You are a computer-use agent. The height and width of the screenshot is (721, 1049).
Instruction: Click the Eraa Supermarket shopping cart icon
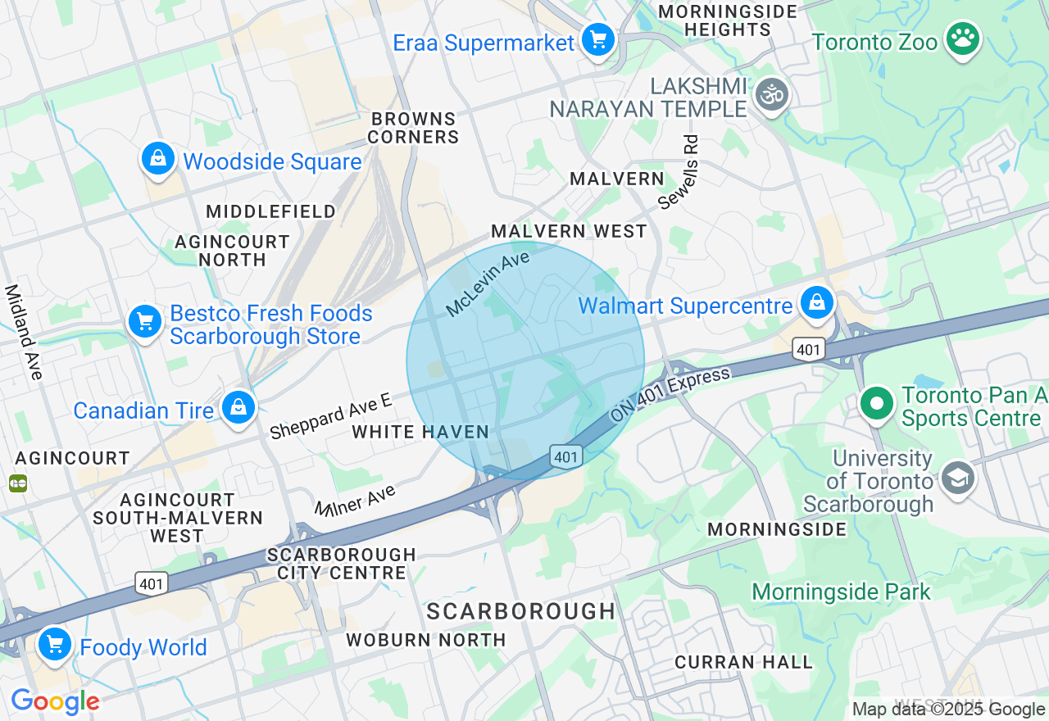click(x=598, y=39)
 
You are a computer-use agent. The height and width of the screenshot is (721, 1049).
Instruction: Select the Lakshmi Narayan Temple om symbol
click(x=771, y=94)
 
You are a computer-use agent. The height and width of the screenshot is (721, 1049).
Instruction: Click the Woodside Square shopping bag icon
click(x=157, y=157)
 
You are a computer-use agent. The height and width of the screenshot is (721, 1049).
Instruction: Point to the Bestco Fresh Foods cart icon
click(x=146, y=322)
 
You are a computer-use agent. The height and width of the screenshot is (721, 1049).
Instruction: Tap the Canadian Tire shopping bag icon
click(x=238, y=406)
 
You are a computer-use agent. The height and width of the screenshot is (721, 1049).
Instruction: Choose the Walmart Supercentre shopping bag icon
click(x=817, y=302)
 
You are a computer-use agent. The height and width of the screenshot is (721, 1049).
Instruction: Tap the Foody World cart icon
click(x=55, y=644)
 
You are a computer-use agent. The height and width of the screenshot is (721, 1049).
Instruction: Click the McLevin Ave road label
click(x=488, y=284)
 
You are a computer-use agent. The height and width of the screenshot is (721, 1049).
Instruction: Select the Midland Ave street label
click(x=24, y=332)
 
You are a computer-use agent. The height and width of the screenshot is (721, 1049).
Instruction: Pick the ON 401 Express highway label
click(x=670, y=396)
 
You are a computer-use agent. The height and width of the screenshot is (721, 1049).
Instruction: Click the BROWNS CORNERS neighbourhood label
click(x=413, y=128)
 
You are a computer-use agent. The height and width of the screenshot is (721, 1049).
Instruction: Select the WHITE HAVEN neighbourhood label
click(x=420, y=432)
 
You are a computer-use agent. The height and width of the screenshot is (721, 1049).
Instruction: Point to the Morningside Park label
click(x=841, y=592)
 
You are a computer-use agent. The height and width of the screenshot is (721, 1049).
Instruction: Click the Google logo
click(x=55, y=701)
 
